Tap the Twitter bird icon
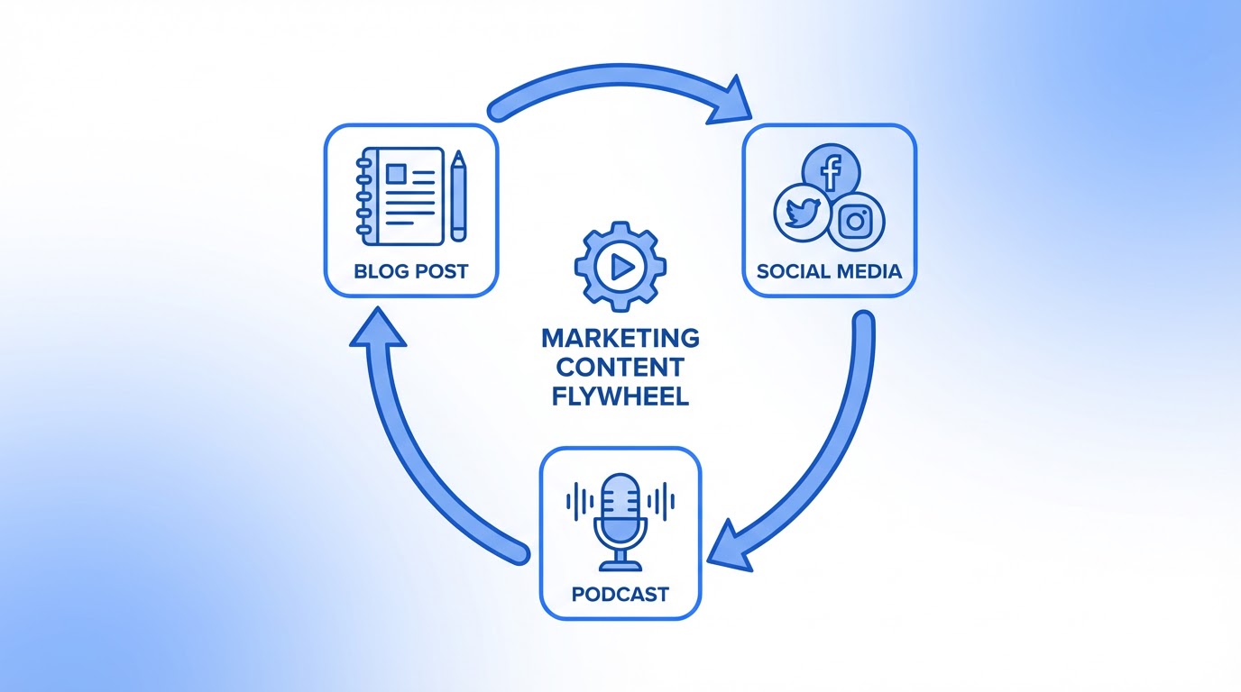[802, 214]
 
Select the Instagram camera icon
[856, 221]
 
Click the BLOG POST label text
[411, 270]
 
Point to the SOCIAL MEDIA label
[829, 270]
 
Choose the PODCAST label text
[620, 594]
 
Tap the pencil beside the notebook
[459, 197]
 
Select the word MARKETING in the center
[620, 339]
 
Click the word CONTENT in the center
[620, 368]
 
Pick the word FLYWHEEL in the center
[620, 396]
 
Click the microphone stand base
[620, 565]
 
